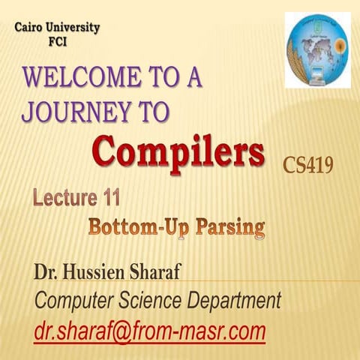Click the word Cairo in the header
(31, 28)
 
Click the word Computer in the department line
(73, 301)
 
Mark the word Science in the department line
(154, 301)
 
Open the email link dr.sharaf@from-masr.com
(150, 331)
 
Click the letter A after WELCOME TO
(193, 78)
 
